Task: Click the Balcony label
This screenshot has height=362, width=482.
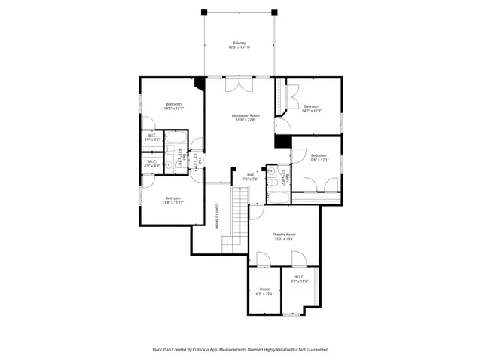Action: pyautogui.click(x=239, y=45)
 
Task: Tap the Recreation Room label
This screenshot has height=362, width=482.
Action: pyautogui.click(x=240, y=117)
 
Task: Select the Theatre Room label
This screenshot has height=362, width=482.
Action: pyautogui.click(x=285, y=236)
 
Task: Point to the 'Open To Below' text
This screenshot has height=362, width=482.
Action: pyautogui.click(x=216, y=216)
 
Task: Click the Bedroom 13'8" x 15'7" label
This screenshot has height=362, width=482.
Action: pyautogui.click(x=174, y=106)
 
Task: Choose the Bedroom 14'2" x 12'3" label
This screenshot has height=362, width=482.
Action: pyautogui.click(x=312, y=109)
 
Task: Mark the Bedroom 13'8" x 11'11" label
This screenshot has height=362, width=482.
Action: pyautogui.click(x=174, y=200)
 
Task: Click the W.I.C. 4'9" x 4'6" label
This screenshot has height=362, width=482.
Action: pyautogui.click(x=151, y=138)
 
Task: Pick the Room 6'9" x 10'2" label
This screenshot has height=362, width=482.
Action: pyautogui.click(x=264, y=291)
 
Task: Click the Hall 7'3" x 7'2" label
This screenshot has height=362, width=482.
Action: pyautogui.click(x=250, y=176)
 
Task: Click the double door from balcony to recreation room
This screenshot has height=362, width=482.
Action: pyautogui.click(x=240, y=84)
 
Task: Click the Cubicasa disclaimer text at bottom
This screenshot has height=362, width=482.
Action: pyautogui.click(x=241, y=349)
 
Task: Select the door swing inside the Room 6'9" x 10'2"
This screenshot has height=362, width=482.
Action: pyautogui.click(x=263, y=260)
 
